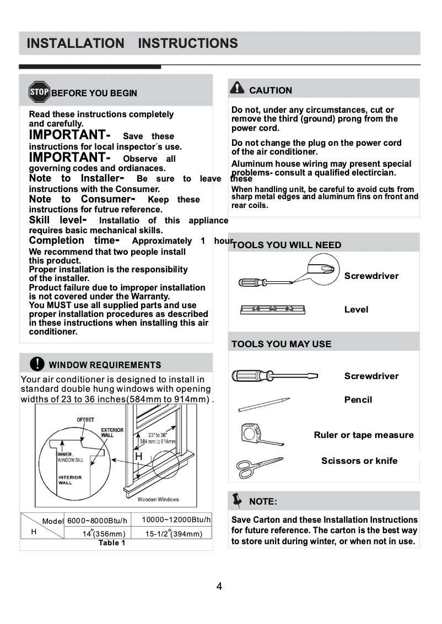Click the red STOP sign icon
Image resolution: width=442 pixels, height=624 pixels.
pos(39,92)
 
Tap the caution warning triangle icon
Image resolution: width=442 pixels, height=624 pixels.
pos(237,89)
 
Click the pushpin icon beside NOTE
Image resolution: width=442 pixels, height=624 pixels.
pos(238,500)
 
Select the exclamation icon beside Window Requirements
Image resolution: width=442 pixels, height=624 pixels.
pos(37,364)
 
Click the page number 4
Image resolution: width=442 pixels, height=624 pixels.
pos(219,587)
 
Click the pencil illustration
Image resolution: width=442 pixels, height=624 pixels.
pos(263,404)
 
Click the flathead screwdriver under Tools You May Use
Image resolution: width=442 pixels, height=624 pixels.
pos(274,376)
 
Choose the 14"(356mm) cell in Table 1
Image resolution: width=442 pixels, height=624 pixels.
pos(104,534)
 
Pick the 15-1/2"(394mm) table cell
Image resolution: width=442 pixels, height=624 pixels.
pos(174,534)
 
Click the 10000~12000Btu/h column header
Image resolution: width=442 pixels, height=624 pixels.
pos(176,519)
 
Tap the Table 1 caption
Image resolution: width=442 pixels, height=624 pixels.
pos(112,543)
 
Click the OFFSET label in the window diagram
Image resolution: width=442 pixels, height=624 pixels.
pos(85,420)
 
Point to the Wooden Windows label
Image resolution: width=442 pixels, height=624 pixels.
pos(158,500)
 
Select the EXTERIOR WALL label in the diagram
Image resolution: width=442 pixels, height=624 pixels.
pos(112,433)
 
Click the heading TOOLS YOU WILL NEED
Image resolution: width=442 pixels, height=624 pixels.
pos(287,245)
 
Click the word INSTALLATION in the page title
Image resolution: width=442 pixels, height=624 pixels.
pos(76,43)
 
